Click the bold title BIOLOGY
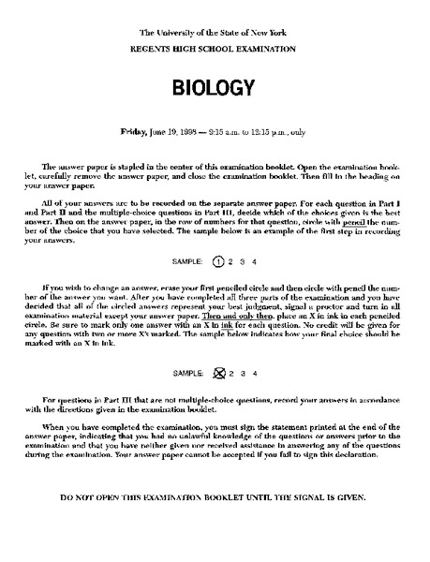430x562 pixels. coord(215,87)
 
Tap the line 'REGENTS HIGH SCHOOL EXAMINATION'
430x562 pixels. coord(215,46)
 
